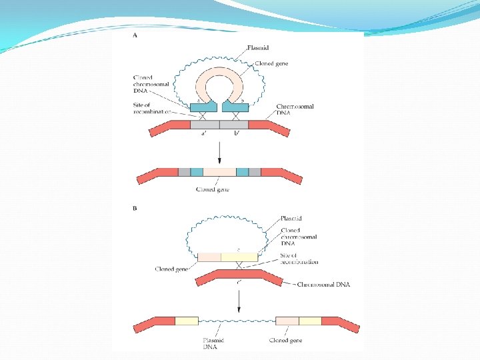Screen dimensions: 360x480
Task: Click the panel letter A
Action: point(135,36)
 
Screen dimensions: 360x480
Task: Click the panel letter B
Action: point(135,208)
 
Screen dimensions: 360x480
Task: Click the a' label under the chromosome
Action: point(205,133)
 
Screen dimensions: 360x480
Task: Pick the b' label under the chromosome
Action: point(236,133)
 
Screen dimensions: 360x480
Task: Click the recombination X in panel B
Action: point(237,266)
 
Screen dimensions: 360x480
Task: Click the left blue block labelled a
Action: point(203,106)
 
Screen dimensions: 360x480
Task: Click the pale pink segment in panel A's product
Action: point(219,172)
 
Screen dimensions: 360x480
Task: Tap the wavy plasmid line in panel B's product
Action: point(237,321)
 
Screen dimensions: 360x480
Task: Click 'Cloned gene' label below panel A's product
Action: point(213,189)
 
